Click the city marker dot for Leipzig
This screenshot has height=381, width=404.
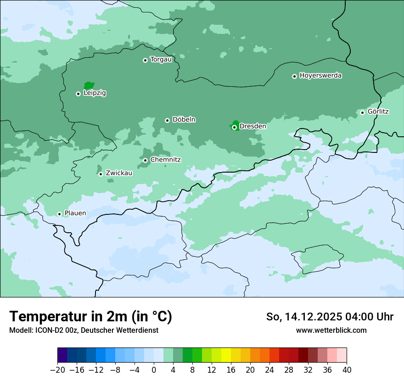tap(78, 94)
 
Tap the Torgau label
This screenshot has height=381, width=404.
tap(161, 60)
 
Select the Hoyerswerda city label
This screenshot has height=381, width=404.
tap(320, 75)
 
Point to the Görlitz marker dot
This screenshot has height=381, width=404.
tap(362, 112)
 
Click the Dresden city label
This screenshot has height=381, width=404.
tap(252, 126)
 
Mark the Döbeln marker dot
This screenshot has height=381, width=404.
tap(167, 120)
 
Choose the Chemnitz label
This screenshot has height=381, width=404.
tap(165, 160)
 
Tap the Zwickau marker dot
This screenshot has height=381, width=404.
tap(101, 174)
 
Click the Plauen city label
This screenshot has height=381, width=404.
tap(75, 213)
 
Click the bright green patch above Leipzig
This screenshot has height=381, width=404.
tap(89, 85)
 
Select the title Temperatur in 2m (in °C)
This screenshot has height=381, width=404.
tap(90, 317)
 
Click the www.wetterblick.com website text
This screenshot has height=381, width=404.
tap(331, 330)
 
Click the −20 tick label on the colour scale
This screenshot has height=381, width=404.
tap(57, 370)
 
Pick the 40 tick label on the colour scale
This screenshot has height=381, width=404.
tap(347, 370)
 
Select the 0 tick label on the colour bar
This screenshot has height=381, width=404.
tap(154, 370)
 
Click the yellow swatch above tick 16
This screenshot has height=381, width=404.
tap(226, 355)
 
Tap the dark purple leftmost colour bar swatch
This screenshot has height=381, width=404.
tap(62, 355)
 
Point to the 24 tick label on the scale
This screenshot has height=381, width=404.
tap(269, 370)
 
